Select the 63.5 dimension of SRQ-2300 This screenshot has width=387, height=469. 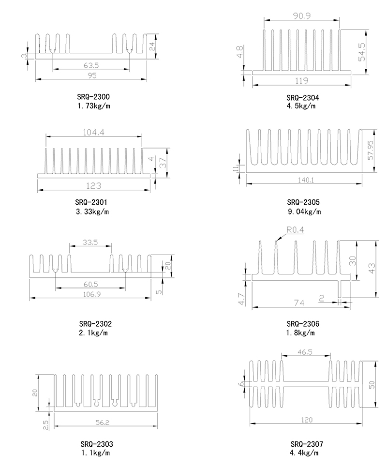tap(91, 64)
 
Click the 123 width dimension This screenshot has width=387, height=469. tap(93, 185)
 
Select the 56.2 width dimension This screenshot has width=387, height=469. tap(103, 423)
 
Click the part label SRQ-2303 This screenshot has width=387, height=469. tap(97, 444)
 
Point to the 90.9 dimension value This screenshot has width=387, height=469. tap(301, 16)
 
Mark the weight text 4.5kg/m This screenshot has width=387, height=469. tap(301, 106)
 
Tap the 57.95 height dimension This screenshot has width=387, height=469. tap(371, 150)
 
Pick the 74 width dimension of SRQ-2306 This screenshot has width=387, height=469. tap(299, 303)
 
